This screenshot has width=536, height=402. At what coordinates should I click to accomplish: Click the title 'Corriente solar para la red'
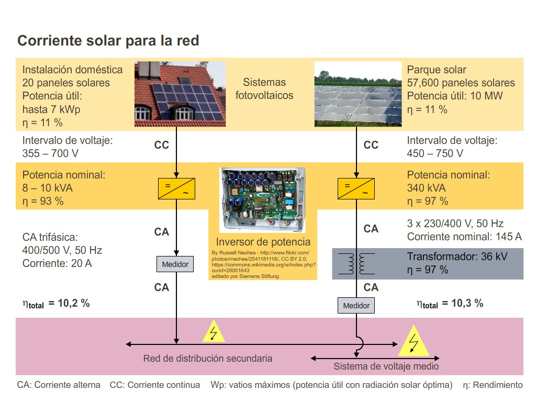(x=108, y=41)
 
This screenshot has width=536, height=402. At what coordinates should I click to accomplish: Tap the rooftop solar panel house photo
(x=180, y=94)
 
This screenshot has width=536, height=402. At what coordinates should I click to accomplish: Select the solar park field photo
(x=358, y=94)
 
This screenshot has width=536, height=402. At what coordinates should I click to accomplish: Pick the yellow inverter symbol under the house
(x=176, y=188)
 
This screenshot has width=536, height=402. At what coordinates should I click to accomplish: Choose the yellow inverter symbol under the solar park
(x=356, y=188)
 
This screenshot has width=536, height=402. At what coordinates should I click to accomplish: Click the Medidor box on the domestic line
(x=175, y=264)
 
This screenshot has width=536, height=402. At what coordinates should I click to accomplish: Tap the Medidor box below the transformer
(x=356, y=306)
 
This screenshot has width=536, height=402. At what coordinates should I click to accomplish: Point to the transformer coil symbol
(x=356, y=264)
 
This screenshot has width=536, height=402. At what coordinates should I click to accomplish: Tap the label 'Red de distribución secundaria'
(x=208, y=358)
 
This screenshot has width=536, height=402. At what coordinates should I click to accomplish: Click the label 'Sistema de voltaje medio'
(x=386, y=366)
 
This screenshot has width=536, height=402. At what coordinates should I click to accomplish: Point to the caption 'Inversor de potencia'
(x=263, y=242)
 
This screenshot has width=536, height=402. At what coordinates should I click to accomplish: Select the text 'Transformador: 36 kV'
(x=457, y=256)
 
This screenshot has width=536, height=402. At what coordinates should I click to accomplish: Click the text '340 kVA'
(x=426, y=188)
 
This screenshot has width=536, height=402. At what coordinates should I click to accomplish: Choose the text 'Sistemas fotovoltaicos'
(x=264, y=89)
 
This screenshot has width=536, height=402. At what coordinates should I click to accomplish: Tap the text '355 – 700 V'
(x=51, y=153)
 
